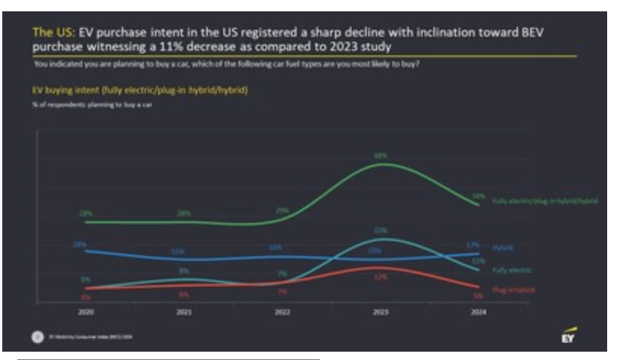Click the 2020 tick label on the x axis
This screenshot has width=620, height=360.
coord(85,310)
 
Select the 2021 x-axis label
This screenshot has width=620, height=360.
coord(183,310)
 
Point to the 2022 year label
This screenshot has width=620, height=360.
coord(281,310)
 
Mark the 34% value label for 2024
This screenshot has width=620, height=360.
coord(478,196)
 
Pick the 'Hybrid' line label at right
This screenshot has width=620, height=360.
coord(502,247)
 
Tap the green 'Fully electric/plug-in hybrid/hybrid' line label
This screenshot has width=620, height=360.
coord(544,201)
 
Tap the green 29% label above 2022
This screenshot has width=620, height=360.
coord(282,210)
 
